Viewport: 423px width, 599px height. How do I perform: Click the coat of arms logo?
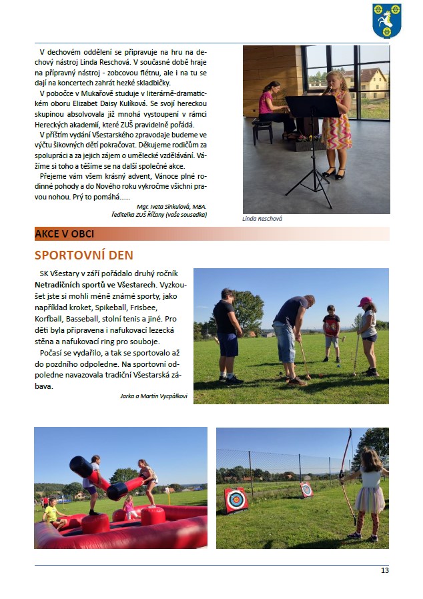(386, 21)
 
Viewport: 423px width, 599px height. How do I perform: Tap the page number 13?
(385, 570)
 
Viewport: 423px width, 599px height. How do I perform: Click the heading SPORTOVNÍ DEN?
(83, 255)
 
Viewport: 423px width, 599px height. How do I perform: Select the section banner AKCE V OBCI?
(65, 233)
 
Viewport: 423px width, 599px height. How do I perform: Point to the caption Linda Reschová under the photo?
(263, 218)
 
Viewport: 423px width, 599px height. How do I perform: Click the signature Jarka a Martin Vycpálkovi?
(153, 396)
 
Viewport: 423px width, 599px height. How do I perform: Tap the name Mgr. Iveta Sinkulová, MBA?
(171, 206)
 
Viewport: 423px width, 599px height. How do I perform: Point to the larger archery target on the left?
(236, 500)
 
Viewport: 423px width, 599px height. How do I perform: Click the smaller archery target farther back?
(306, 489)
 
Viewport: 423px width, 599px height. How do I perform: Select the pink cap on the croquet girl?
(364, 302)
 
